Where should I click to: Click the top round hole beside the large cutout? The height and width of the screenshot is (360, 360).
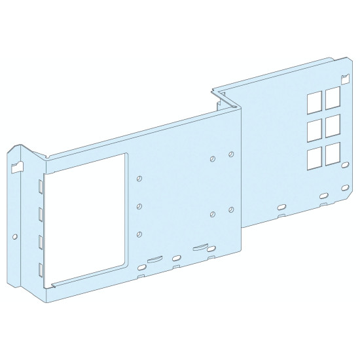[x=139, y=179]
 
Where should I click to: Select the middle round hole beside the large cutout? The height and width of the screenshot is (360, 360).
[x=139, y=206]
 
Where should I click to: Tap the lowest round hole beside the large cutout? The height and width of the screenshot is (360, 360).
[x=139, y=234]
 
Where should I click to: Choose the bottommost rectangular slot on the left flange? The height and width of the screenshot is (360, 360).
[x=41, y=268]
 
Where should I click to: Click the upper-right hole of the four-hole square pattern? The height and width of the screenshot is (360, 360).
[x=231, y=154]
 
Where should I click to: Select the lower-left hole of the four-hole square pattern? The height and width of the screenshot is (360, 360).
[x=213, y=214]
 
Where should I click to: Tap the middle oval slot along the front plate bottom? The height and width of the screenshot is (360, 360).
[x=176, y=257]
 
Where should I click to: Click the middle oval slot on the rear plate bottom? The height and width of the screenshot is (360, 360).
[x=322, y=195]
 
